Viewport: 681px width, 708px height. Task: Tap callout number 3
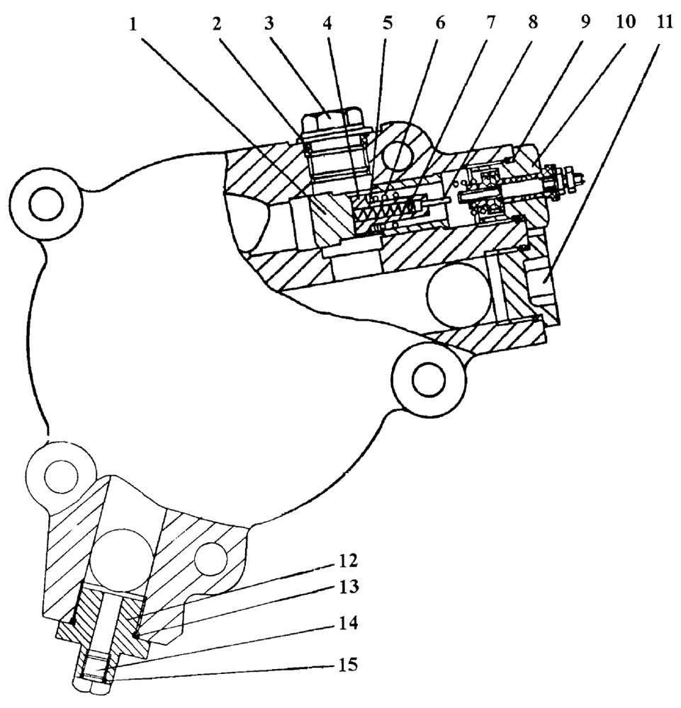[269, 24]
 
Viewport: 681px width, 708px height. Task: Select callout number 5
[388, 23]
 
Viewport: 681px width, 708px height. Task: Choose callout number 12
[347, 561]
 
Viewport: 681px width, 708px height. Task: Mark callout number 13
[347, 586]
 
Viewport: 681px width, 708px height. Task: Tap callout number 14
[347, 623]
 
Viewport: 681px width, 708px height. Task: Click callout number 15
[347, 665]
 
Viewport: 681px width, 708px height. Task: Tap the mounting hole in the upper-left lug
[46, 205]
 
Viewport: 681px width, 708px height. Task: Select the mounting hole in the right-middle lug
[428, 379]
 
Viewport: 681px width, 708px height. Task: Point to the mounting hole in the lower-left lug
[60, 477]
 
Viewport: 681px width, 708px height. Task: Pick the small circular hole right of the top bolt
[397, 154]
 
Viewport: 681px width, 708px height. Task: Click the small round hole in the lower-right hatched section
[210, 560]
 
